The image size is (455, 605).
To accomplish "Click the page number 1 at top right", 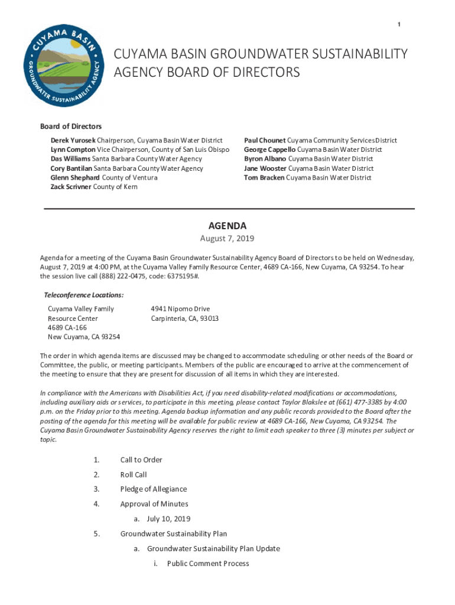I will point(399,24).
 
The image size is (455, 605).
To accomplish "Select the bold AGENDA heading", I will point(227,226).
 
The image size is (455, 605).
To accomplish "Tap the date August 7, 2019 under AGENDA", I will point(227,239).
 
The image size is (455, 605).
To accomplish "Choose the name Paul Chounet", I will point(265,141).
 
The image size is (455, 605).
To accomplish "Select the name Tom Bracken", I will point(264,177).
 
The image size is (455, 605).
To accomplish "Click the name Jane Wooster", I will point(265,168).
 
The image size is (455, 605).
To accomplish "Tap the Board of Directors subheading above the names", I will point(71,126).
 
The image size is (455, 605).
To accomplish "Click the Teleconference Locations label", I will point(84,295).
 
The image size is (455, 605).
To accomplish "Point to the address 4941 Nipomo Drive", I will point(180,309).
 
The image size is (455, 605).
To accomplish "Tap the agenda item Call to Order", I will point(141,460).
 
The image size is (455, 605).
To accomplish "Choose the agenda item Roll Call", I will point(134,474).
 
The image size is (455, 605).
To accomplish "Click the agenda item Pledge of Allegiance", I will point(154,489).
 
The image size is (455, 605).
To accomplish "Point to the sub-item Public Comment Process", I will point(208,564).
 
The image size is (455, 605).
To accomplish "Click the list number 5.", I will point(96,534).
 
